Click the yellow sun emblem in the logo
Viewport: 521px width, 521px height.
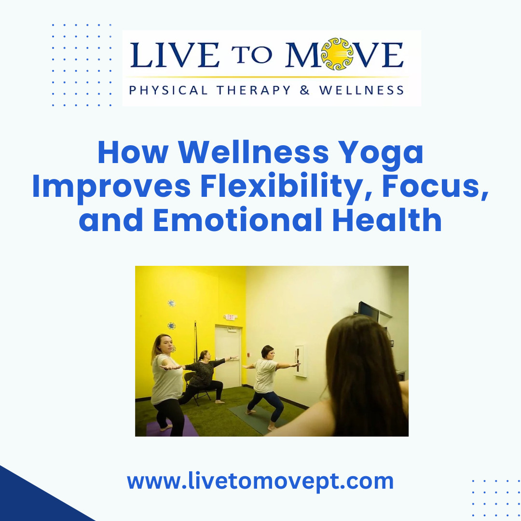337,54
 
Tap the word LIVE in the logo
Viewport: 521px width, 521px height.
175,55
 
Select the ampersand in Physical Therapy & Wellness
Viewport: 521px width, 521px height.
305,90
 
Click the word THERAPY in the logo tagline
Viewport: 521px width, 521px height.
254,90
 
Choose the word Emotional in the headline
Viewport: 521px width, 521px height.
237,219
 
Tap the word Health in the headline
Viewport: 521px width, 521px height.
387,219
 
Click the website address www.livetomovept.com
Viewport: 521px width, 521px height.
260,481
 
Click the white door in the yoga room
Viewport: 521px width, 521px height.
228,356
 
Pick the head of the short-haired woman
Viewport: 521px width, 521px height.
268,352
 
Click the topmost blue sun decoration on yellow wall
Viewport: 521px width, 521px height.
171,303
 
